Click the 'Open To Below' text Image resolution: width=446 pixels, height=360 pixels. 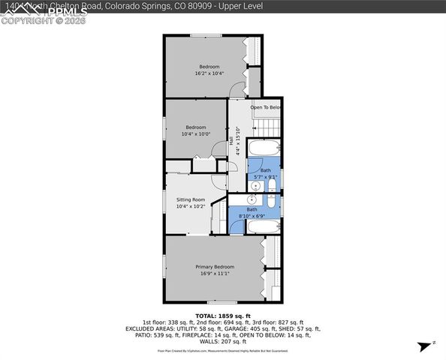click(266, 107)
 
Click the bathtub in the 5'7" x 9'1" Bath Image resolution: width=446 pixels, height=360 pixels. click(264, 148)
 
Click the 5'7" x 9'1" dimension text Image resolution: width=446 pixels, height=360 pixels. click(266, 177)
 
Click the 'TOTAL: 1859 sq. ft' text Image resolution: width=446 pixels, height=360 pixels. click(222, 316)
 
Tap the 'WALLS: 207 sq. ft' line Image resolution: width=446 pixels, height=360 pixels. click(223, 341)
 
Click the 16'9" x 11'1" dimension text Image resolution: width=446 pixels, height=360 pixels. click(215, 274)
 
